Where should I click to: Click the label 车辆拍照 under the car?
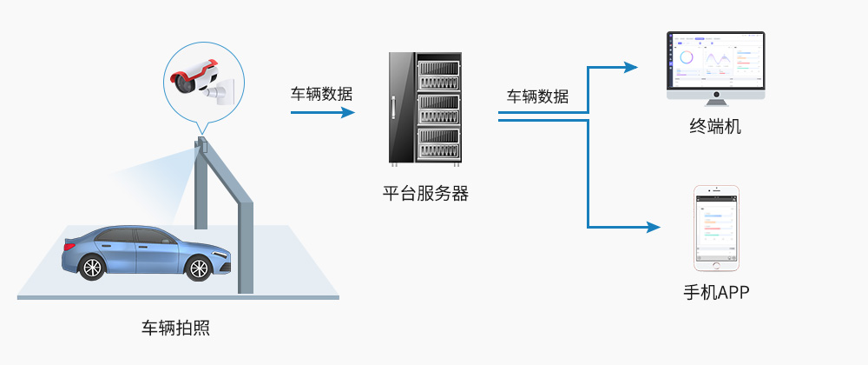175,328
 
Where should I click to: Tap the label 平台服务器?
425,193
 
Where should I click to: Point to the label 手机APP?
715,293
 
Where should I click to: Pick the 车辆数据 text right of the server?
538,96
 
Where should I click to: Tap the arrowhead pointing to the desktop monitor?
631,66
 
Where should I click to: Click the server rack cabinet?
425,109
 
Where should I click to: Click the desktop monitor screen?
716,60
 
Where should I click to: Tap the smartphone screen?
716,228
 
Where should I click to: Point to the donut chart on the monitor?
687,58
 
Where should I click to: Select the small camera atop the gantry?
201,143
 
